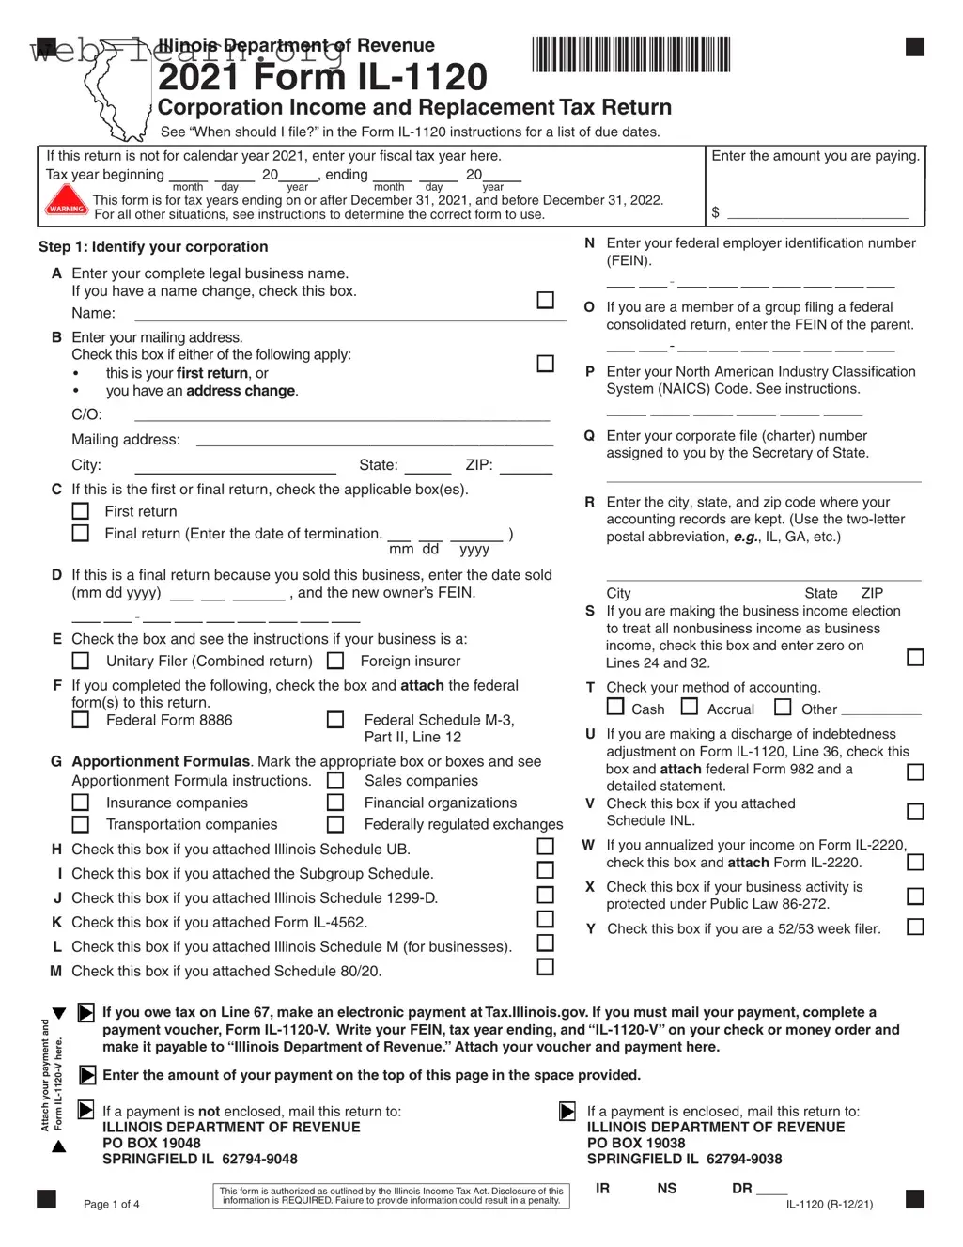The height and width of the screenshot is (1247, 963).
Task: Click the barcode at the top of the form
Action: (x=630, y=55)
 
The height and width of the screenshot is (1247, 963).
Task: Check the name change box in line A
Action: (x=545, y=300)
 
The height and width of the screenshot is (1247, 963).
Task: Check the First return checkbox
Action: (x=81, y=511)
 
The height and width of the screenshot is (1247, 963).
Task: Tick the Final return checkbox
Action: (x=81, y=533)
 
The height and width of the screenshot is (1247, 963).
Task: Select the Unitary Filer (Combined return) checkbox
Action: (x=81, y=661)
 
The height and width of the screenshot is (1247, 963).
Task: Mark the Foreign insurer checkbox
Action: (x=335, y=661)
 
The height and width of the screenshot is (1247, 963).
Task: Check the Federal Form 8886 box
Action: (x=81, y=720)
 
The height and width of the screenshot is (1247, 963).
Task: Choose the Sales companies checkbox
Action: (x=335, y=781)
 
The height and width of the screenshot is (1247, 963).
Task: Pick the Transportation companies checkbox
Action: (x=81, y=824)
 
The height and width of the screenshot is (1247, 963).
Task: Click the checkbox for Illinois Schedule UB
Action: (x=545, y=847)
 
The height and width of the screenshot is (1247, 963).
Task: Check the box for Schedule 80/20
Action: (x=545, y=967)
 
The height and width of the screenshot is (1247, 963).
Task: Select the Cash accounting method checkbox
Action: (x=615, y=707)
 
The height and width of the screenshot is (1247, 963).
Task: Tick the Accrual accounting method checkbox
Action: (x=690, y=707)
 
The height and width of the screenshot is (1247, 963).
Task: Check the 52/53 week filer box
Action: (x=915, y=927)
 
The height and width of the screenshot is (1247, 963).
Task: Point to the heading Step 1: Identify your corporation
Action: (x=153, y=247)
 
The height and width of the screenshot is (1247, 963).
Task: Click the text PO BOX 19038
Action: (x=636, y=1144)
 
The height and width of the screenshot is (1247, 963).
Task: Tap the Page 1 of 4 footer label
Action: (x=112, y=1205)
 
